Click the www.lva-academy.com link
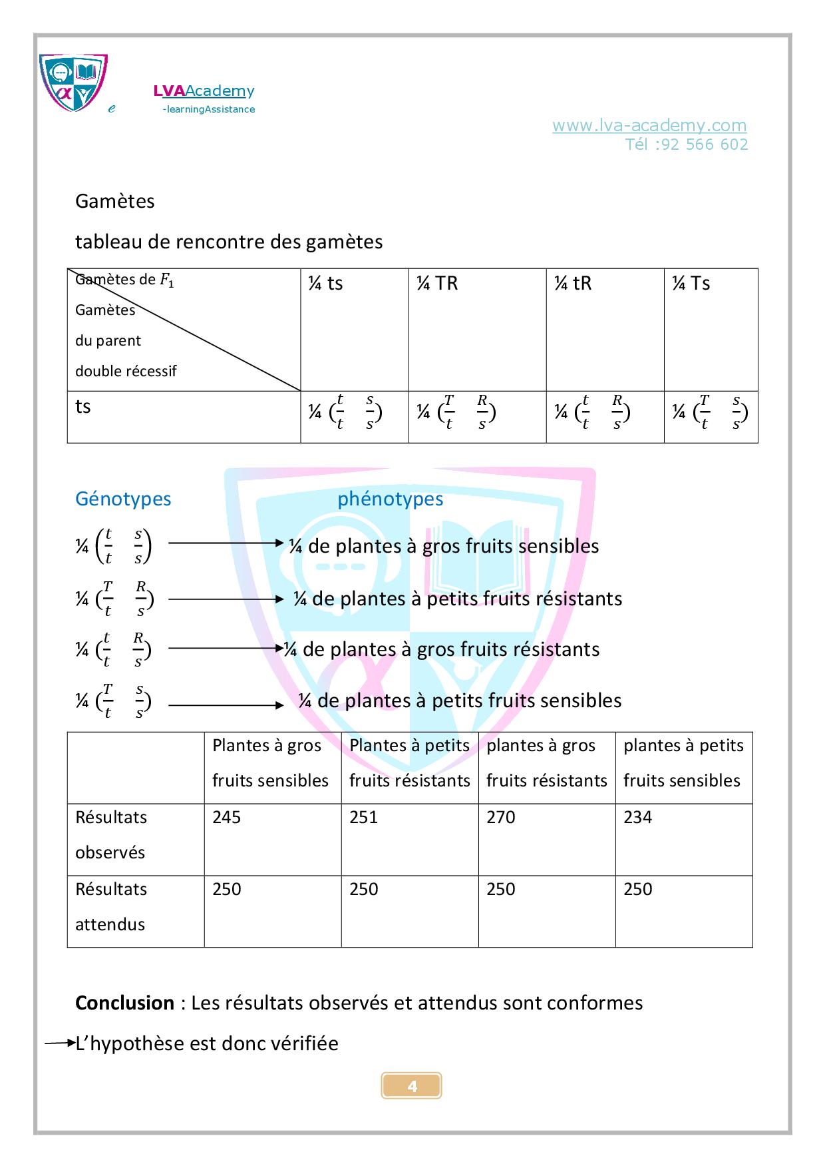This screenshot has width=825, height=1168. tap(649, 125)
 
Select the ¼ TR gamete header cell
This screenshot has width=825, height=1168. tap(437, 284)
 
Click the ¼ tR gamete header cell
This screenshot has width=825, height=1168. tap(573, 284)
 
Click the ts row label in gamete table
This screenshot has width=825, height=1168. tap(83, 407)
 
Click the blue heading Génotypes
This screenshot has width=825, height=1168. tap(123, 499)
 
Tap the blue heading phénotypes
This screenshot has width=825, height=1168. tap(390, 499)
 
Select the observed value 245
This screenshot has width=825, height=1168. tap(227, 817)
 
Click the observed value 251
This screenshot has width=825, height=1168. tap(364, 817)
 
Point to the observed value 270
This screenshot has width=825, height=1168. tap(501, 817)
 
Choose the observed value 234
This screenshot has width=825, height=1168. tap(638, 817)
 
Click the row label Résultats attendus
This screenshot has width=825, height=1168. tap(111, 906)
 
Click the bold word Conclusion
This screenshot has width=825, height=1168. tap(124, 1003)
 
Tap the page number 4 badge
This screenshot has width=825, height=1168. tap(412, 1086)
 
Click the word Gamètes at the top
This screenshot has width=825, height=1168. tap(115, 201)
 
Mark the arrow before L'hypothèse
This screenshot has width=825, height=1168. tap(60, 1043)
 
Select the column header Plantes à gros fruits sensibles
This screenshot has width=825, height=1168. tap(271, 763)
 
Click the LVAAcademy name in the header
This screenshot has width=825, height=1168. tap(204, 91)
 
